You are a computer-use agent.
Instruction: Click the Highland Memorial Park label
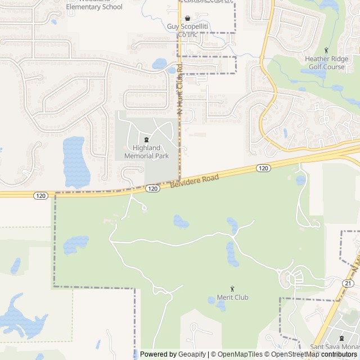(x=146, y=152)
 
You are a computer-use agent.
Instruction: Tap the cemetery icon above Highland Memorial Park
(x=146, y=139)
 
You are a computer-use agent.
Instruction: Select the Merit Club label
(x=232, y=297)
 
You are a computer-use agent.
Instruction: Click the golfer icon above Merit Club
(x=232, y=288)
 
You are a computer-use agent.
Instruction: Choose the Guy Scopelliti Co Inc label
(x=188, y=30)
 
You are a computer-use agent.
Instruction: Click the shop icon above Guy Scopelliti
(x=187, y=18)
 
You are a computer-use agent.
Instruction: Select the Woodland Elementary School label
(x=94, y=7)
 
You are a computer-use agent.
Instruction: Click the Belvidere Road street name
(x=194, y=181)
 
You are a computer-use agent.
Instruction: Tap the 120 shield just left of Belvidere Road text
(x=152, y=189)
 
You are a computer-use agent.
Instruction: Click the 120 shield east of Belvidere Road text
(x=263, y=168)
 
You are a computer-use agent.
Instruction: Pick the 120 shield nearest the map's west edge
(x=40, y=196)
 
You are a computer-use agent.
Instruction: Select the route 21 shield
(x=348, y=283)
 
